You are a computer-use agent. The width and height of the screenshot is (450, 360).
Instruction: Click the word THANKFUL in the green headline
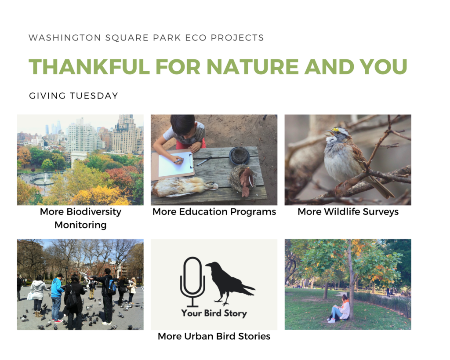click(x=89, y=67)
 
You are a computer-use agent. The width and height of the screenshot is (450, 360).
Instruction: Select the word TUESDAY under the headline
click(x=94, y=96)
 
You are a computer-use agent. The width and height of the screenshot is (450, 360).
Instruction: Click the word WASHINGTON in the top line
click(x=65, y=38)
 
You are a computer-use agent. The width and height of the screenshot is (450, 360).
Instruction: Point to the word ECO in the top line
click(x=196, y=38)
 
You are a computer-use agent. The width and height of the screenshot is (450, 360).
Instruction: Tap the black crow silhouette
click(x=229, y=283)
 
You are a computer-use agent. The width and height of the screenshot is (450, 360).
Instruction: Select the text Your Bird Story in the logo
click(x=214, y=313)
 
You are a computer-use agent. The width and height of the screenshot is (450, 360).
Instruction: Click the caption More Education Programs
click(x=214, y=212)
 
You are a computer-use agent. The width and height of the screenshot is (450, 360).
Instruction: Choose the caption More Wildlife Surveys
click(x=348, y=212)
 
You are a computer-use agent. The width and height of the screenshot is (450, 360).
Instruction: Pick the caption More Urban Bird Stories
click(x=214, y=336)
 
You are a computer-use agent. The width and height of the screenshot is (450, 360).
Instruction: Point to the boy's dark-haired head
click(x=182, y=126)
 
